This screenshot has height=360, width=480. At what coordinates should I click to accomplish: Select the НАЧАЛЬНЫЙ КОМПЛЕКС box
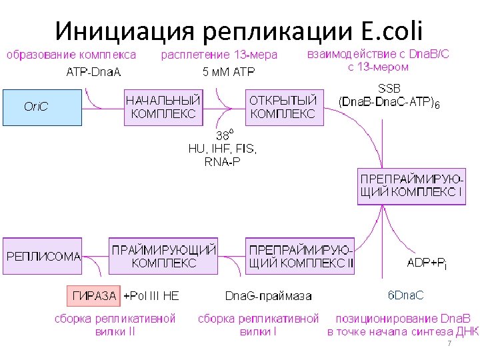pos(163,107)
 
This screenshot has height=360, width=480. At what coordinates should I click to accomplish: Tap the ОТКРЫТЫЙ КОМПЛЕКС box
pos(284,107)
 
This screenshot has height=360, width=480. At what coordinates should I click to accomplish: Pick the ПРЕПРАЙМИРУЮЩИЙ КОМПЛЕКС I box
pos(411,186)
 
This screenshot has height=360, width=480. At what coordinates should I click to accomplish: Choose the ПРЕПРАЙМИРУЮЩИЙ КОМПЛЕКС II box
pos(300,256)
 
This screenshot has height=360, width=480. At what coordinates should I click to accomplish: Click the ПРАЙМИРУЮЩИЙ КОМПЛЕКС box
pos(163,256)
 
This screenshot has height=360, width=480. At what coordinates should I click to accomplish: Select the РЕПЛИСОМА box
pos(43,256)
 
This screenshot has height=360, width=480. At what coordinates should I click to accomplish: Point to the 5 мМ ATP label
pos(229,72)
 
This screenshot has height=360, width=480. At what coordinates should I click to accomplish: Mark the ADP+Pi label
pos(427,263)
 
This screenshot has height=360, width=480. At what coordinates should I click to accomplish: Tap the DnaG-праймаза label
pos(268,295)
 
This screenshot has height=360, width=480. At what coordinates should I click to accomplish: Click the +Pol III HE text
pos(151,295)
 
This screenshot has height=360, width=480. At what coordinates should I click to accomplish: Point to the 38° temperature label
pos(224,135)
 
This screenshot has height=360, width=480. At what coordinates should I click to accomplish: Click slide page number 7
pos(449,343)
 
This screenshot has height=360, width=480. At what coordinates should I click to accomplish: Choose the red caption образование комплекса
pos(71,55)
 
